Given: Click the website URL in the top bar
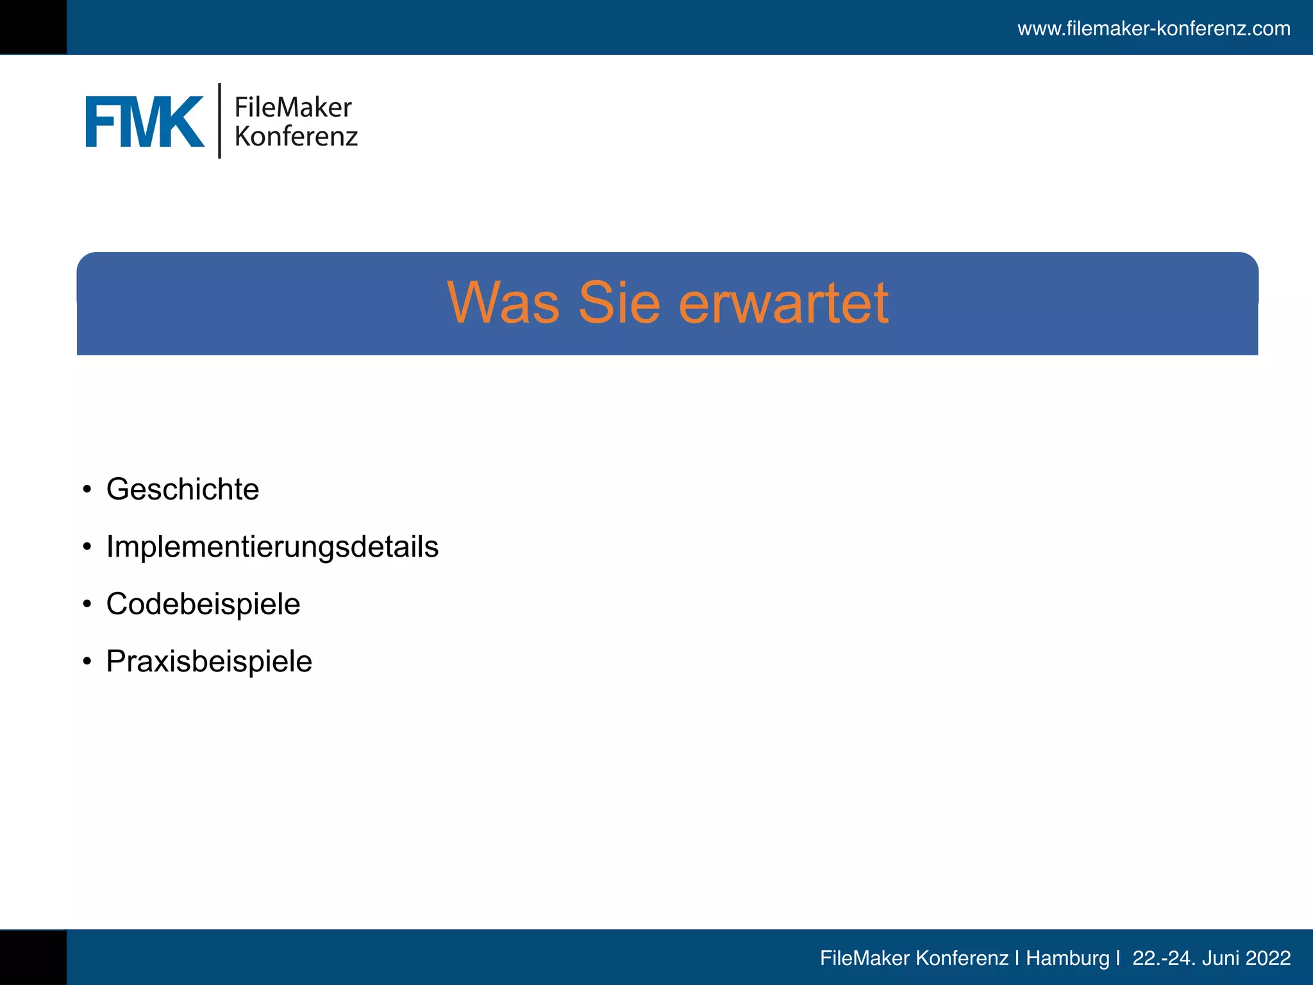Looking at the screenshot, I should [x=1153, y=29].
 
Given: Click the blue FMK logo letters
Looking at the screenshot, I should [x=144, y=122].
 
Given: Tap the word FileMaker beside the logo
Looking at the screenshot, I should [x=293, y=107].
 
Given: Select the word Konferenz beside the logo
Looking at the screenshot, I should [x=296, y=137].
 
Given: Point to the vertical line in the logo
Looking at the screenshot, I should [x=219, y=121].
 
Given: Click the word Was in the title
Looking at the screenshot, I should [x=503, y=303].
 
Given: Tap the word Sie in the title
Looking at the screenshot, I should [x=619, y=303].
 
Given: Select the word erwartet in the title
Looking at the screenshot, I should [x=783, y=303].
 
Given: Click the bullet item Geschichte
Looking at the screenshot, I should [x=183, y=489].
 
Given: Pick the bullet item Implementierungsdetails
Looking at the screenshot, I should [x=272, y=547].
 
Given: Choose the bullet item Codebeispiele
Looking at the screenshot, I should [x=203, y=604].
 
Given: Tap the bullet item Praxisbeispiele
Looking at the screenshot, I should [x=209, y=661].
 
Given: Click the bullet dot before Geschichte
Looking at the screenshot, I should [x=87, y=490].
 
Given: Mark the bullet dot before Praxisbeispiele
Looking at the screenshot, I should [x=87, y=662].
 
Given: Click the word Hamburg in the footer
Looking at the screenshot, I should [x=1067, y=958].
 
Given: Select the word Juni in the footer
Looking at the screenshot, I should [x=1221, y=958].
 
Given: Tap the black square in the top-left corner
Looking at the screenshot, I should [x=33, y=27].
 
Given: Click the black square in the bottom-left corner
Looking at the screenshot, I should [x=33, y=957].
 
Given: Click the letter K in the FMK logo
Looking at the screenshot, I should [x=183, y=122].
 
